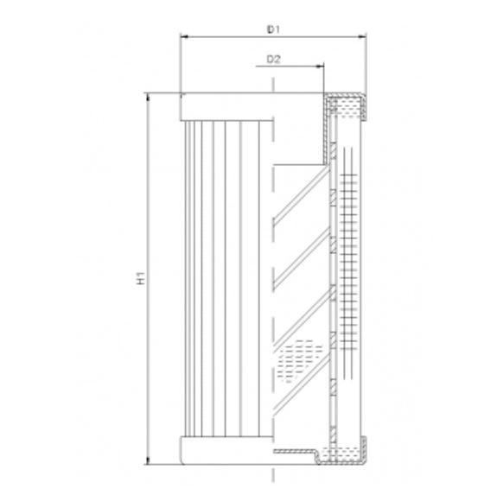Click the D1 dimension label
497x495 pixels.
point(273,29)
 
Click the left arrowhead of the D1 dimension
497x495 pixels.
point(182,37)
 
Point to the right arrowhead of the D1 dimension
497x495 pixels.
point(362,37)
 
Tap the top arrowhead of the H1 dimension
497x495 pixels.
point(149,97)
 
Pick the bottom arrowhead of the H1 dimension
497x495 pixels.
point(149,461)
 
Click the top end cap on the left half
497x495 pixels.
point(225,106)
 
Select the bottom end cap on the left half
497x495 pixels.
point(225,451)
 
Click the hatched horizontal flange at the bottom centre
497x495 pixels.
point(298,451)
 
